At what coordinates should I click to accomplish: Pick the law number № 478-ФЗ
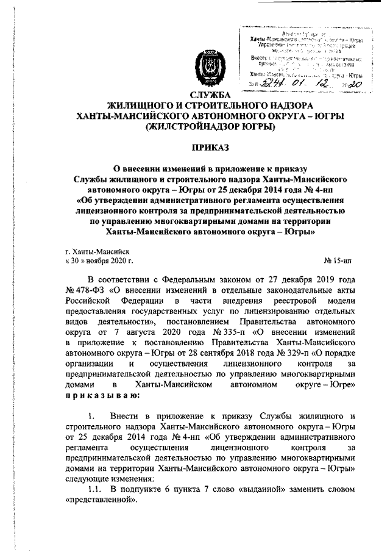point(83,290)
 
